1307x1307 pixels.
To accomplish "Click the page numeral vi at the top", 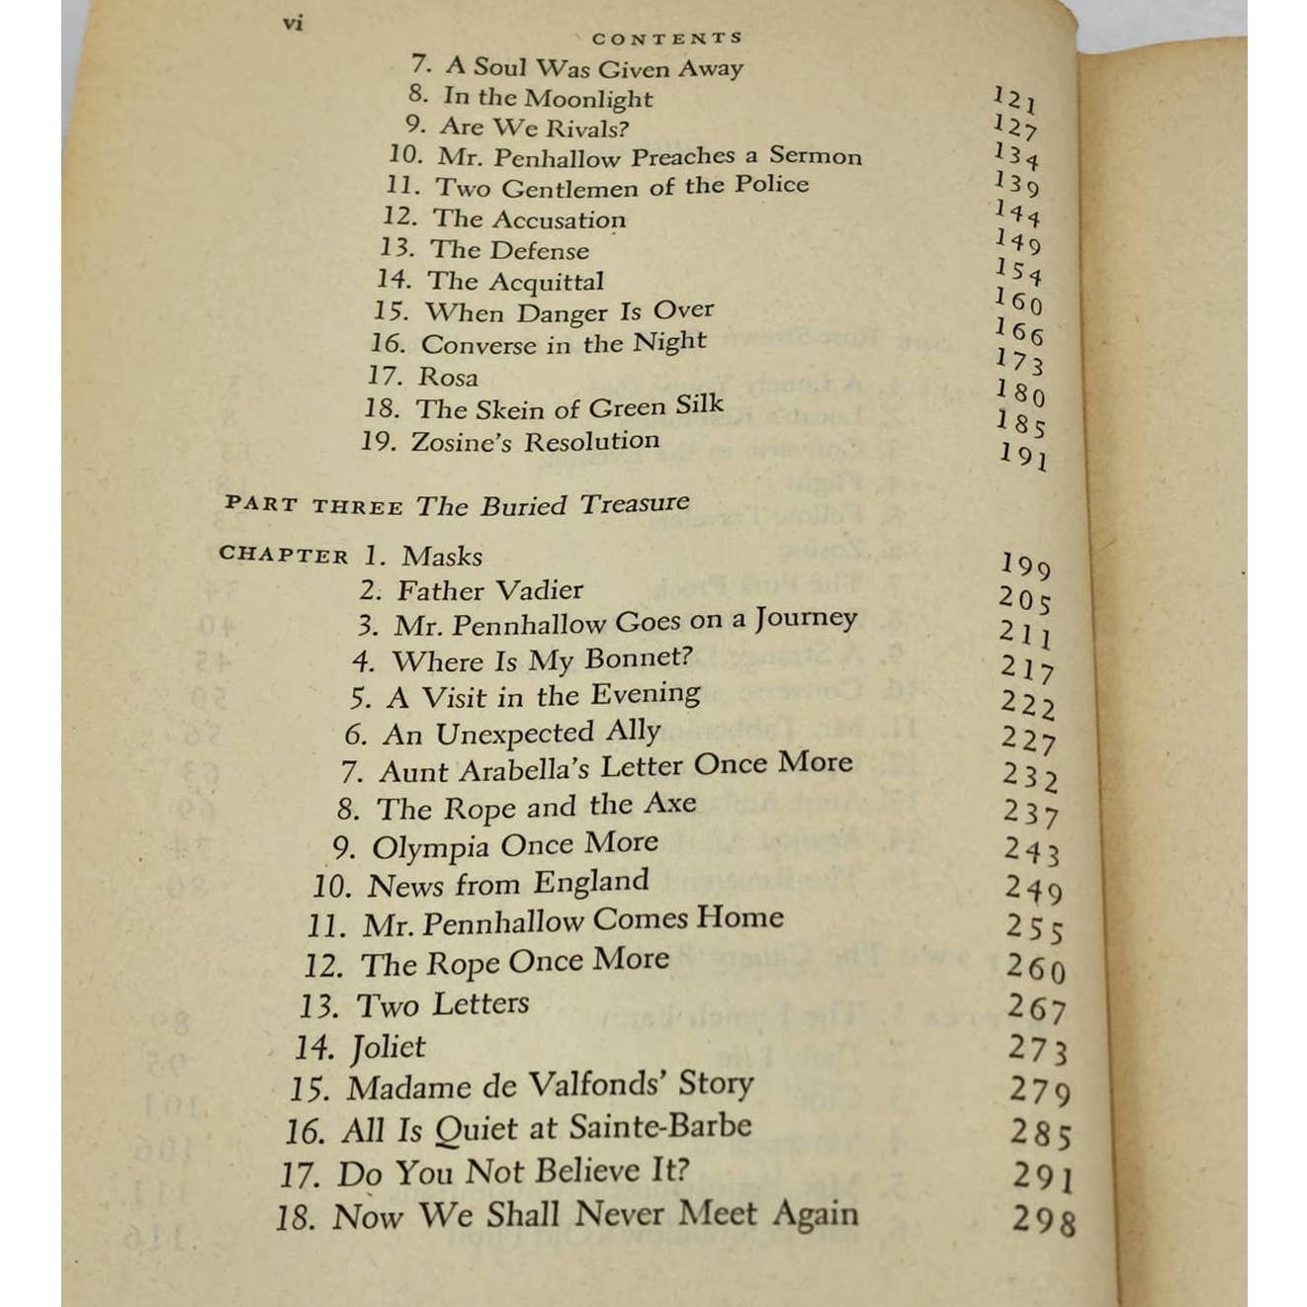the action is click(x=293, y=23).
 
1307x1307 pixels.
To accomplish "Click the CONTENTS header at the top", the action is click(x=666, y=39).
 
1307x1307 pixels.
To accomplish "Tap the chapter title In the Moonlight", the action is click(x=548, y=98).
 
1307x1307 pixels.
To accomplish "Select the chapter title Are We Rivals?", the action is click(x=534, y=128).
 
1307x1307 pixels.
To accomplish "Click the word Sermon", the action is click(x=816, y=156).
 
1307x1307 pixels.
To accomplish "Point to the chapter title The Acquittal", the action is click(x=515, y=282).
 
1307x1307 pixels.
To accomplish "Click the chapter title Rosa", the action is click(x=448, y=377).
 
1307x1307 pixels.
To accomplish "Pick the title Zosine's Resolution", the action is click(x=535, y=441).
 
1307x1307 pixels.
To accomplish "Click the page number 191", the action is click(x=1022, y=456).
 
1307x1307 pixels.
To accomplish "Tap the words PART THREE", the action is click(x=313, y=505).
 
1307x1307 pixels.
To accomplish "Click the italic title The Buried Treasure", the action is click(x=553, y=504).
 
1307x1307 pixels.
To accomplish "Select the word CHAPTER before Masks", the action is click(x=284, y=556).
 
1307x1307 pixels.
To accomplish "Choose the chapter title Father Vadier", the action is click(x=489, y=590).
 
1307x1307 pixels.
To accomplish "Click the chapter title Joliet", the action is click(x=388, y=1047).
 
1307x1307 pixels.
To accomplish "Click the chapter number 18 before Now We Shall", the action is click(x=295, y=1217).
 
